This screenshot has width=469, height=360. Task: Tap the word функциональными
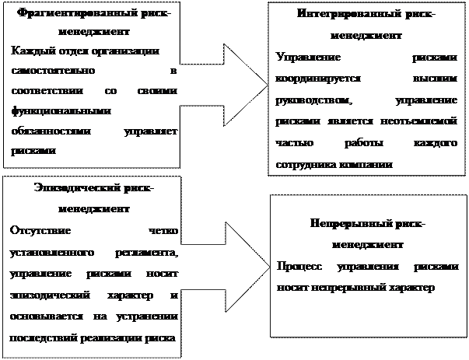coord(49,111)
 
